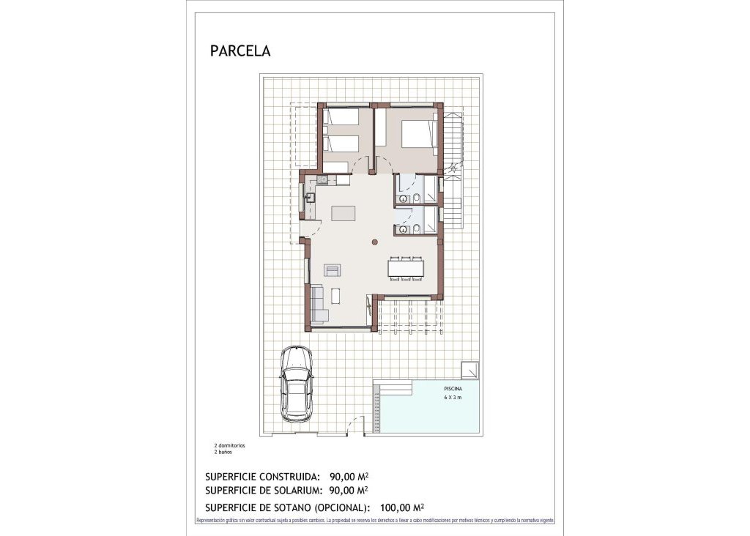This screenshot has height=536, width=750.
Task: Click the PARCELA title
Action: click(240, 51)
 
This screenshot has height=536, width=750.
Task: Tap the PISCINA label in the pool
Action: click(453, 389)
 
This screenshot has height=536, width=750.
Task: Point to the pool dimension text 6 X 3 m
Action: click(453, 398)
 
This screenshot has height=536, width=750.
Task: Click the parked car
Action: click(296, 383)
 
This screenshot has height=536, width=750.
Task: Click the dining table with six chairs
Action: click(406, 268)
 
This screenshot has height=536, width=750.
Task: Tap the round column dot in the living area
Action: click(374, 242)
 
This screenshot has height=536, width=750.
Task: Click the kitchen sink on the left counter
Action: click(310, 197)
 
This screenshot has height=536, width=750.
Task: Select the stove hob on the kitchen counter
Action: click(322, 179)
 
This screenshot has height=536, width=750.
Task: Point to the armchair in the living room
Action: click(333, 270)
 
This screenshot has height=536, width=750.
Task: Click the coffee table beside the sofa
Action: click(335, 296)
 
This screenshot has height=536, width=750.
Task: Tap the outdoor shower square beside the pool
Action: click(469, 371)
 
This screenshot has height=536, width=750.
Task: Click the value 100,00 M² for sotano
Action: click(398, 507)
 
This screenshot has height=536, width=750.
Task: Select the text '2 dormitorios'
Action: click(229, 445)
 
